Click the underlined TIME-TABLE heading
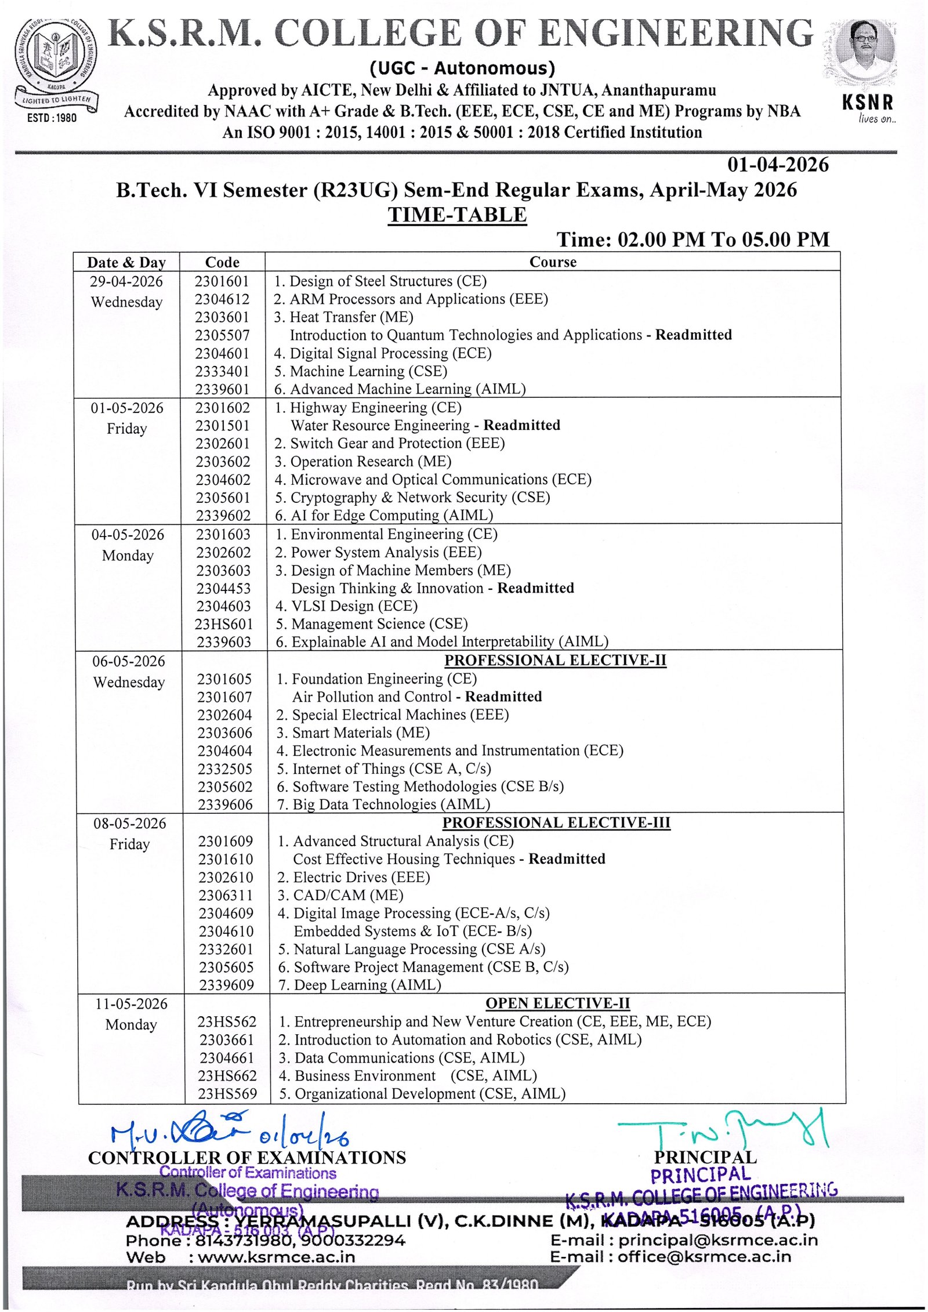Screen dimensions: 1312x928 pos(457,215)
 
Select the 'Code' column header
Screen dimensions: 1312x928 pos(222,262)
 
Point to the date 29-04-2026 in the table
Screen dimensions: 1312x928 pos(126,282)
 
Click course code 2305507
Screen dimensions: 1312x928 pos(222,335)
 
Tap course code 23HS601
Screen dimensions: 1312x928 pos(224,624)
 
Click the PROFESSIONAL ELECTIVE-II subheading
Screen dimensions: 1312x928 pos(555,661)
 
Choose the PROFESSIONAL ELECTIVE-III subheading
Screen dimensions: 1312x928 pos(556,823)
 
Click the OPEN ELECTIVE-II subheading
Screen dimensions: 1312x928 pos(557,1003)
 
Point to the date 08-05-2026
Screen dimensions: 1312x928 pos(130,824)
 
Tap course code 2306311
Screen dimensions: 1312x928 pos(226,896)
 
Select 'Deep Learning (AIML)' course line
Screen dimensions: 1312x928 pos(367,985)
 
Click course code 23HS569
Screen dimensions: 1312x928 pos(227,1094)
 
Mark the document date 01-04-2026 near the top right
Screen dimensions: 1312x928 pos(778,165)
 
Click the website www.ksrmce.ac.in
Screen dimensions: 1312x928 pos(276,1257)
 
